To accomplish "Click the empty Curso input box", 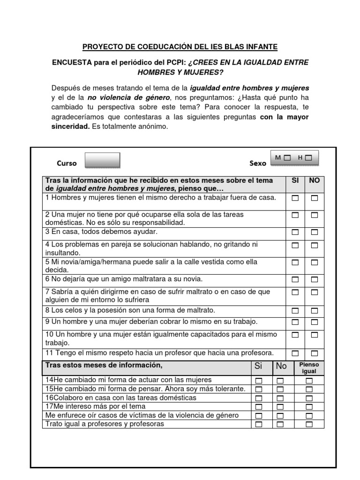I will coord(102,160).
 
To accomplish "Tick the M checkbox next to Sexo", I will coord(287,158).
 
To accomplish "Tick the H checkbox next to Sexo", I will coord(308,158).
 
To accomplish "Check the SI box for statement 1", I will coord(295,198).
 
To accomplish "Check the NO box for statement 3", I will coord(314,232).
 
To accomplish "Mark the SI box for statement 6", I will coord(295,280).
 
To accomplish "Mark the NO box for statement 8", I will coord(314,311).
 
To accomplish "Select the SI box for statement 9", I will coord(295,322).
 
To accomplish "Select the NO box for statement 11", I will coord(314,353).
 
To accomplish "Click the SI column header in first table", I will coord(295,180).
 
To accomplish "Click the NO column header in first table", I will coord(314,180).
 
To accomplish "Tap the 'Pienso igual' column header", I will coord(309,367).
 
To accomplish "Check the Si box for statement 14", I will coord(259,381).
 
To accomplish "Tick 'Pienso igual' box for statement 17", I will coord(309,407).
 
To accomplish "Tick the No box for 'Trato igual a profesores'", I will coord(280,425).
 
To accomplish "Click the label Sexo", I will coord(258,164).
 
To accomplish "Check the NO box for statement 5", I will coord(314,262).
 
